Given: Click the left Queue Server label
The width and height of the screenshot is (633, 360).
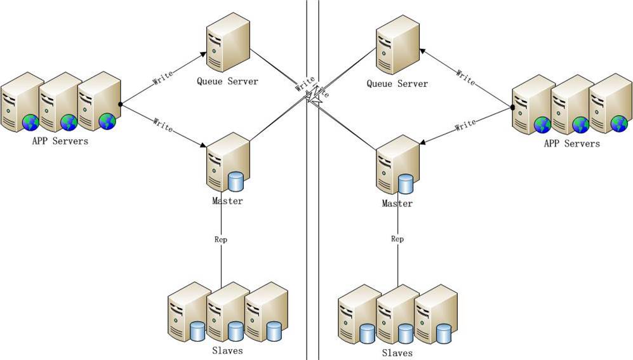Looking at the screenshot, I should click(x=227, y=81).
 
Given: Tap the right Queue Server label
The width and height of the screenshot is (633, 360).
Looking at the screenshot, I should click(x=397, y=84).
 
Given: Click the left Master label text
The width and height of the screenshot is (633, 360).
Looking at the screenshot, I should click(x=227, y=201).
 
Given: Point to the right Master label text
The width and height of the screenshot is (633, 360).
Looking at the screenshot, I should click(x=397, y=204).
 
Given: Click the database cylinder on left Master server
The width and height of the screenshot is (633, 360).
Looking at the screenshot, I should click(x=236, y=182).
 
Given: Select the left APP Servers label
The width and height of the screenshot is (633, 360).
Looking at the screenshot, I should click(x=60, y=141).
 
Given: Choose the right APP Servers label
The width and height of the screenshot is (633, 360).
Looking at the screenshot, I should click(x=571, y=143).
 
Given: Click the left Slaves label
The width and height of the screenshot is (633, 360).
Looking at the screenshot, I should click(x=227, y=350).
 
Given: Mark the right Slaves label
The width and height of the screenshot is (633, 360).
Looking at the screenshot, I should click(x=397, y=352).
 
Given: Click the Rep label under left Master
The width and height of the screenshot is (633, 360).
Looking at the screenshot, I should click(x=221, y=240).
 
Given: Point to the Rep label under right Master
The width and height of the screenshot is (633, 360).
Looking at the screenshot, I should click(x=397, y=239).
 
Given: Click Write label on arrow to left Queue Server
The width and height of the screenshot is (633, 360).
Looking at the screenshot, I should click(x=163, y=79).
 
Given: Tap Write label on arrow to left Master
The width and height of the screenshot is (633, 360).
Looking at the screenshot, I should click(x=163, y=124).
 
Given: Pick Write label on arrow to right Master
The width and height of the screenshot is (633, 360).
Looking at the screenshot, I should click(x=465, y=125).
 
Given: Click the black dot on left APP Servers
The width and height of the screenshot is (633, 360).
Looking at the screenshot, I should click(x=120, y=103).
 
